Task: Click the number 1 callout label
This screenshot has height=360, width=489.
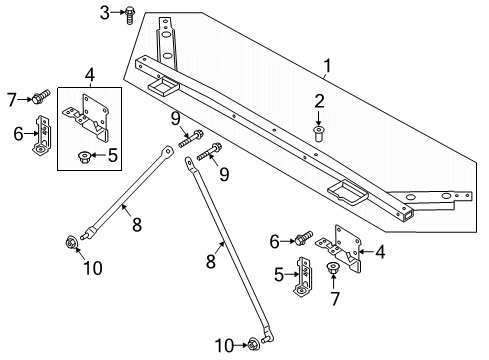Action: click(x=326, y=67)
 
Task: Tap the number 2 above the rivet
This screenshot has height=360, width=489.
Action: click(x=319, y=100)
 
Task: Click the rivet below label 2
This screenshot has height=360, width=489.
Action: click(x=319, y=131)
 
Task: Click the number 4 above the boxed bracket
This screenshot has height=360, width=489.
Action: click(x=91, y=74)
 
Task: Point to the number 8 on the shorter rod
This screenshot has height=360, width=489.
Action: click(x=124, y=209)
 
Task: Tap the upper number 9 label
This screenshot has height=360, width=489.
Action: click(x=176, y=120)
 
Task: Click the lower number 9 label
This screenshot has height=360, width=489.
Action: click(x=224, y=172)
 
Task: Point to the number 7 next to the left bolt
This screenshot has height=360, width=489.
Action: click(x=11, y=97)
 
